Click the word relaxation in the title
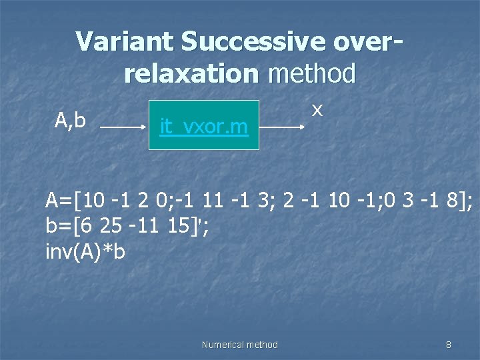point(191,73)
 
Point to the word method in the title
point(311,73)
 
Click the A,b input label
point(70,120)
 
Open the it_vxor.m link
point(203,125)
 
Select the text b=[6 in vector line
point(69,226)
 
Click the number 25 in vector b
point(110,226)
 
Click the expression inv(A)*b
point(85,253)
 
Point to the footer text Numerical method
point(239,345)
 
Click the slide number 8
point(448,345)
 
